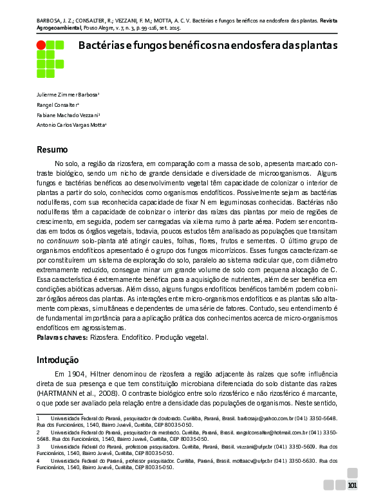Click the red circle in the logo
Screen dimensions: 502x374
click(x=41, y=45)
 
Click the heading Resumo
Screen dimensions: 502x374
click(x=51, y=150)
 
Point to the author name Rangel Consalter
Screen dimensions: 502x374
click(x=57, y=104)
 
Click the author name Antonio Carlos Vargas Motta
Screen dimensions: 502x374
click(x=71, y=125)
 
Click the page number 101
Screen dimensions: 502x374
click(x=352, y=485)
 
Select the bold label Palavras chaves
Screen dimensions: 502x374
click(x=61, y=337)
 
